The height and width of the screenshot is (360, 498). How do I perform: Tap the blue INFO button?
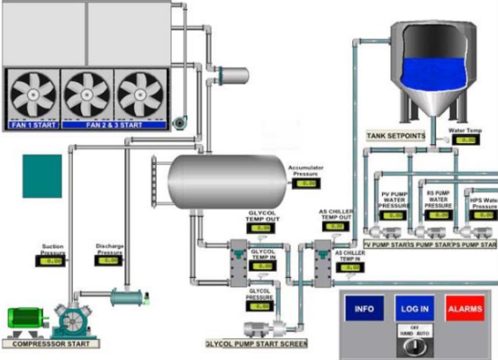364,310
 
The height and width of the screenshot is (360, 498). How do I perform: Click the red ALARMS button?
465,310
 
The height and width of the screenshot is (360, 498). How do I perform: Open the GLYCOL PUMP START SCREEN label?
257,343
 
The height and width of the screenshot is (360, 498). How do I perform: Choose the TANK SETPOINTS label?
396,135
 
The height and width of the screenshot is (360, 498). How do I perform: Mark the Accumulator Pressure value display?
308,183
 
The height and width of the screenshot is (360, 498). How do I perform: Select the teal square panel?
42,176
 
